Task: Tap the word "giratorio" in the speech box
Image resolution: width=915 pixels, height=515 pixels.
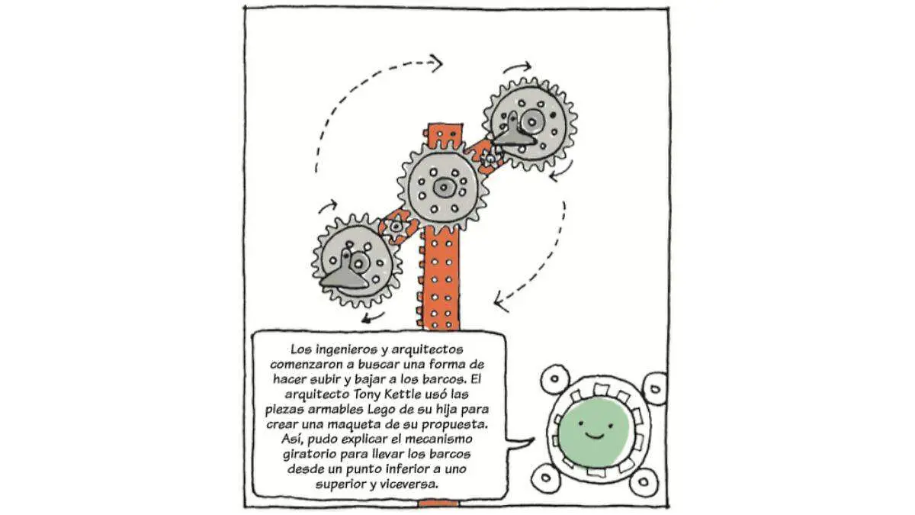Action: click(310, 454)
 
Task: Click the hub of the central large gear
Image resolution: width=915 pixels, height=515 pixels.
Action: click(443, 188)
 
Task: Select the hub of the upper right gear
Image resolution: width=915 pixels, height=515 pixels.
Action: click(531, 121)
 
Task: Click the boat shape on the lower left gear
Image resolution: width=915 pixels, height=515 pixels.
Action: click(345, 277)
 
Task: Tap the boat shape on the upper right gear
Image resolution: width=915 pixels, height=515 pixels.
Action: click(514, 133)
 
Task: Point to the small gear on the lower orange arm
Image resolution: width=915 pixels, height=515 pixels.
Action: click(396, 226)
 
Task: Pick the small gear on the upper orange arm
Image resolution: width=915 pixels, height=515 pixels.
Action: click(488, 157)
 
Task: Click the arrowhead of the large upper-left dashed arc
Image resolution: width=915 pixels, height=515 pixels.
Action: click(437, 63)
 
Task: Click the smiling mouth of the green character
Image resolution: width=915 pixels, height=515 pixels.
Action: click(595, 436)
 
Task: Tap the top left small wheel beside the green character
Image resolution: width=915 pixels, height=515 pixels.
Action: click(555, 378)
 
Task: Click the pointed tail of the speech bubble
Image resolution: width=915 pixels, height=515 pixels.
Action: click(531, 439)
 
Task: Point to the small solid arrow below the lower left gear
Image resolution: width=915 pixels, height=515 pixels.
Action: click(373, 317)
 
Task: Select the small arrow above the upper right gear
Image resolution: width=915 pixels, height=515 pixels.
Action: click(517, 66)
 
